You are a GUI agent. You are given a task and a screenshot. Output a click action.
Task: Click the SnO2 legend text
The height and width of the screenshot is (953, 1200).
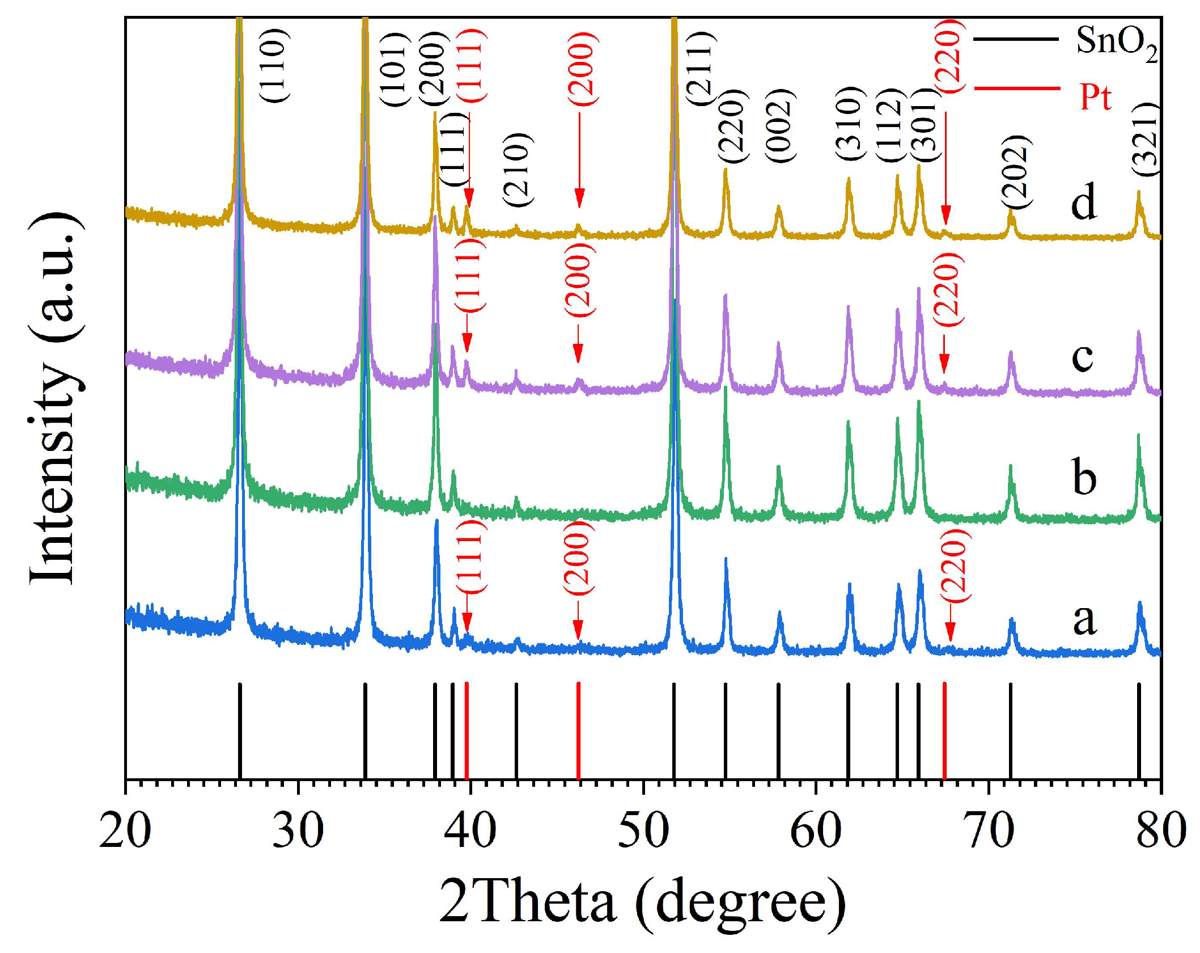tap(1116, 43)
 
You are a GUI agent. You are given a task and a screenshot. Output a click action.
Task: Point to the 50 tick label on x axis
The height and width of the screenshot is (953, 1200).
tap(643, 830)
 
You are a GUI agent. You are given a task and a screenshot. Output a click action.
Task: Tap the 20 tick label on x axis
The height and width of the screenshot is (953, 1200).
tap(125, 830)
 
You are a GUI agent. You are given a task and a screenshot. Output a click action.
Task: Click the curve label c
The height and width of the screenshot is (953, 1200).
tap(1082, 357)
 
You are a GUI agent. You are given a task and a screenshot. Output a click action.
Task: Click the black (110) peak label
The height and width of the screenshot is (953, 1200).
tap(275, 65)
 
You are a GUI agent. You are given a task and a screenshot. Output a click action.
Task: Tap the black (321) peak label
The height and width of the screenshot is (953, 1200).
tap(1146, 140)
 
